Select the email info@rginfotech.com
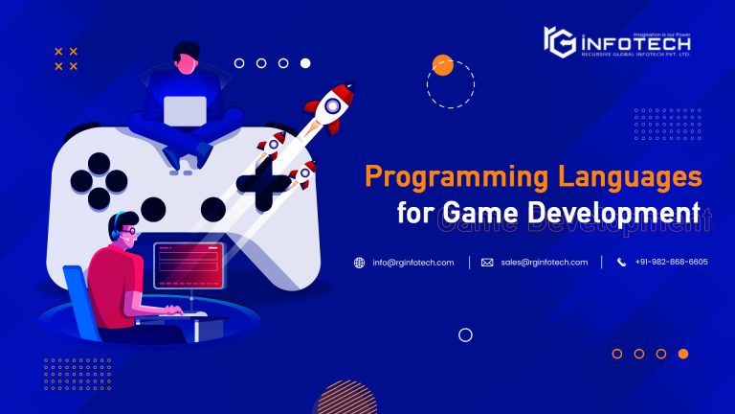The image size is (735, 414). [413, 263]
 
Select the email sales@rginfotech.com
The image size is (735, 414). [544, 263]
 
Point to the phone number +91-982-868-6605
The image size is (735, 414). [671, 263]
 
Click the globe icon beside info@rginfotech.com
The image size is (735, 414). [360, 263]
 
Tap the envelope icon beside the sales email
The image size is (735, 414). [487, 263]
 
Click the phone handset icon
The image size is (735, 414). [621, 263]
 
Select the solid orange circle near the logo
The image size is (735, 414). [442, 65]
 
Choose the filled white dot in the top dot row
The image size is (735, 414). [305, 63]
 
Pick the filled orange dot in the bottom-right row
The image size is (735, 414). [683, 354]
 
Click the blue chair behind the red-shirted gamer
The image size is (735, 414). [80, 297]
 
